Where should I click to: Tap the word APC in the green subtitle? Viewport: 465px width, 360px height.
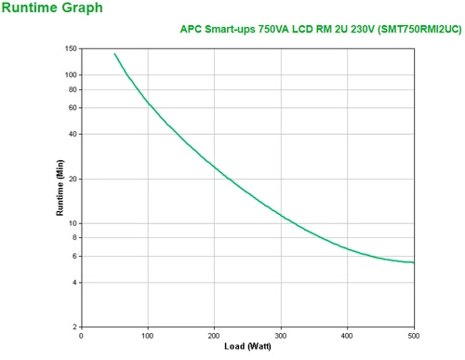(x=191, y=29)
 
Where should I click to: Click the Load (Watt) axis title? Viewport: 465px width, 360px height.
(x=247, y=347)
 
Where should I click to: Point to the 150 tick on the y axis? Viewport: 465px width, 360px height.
(x=71, y=47)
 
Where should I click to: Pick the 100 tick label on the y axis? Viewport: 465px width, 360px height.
(x=71, y=74)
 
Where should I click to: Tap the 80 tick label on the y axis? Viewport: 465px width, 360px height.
(x=73, y=89)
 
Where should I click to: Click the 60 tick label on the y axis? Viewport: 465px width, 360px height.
(x=73, y=108)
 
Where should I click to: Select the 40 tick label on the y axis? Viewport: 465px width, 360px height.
(x=73, y=134)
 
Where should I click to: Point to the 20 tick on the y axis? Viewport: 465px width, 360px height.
(x=73, y=179)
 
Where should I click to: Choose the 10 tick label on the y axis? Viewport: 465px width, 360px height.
(x=73, y=223)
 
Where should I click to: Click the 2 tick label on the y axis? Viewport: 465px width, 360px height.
(x=75, y=327)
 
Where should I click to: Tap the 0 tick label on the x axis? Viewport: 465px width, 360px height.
(x=82, y=336)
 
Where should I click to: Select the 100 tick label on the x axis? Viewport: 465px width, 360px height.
(x=148, y=336)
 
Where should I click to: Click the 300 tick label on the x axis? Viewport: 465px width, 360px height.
(x=281, y=336)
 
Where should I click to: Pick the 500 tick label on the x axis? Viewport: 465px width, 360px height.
(x=413, y=336)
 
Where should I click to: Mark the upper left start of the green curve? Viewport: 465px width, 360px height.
(x=114, y=53)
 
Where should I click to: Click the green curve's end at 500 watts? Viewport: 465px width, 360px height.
(x=414, y=262)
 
